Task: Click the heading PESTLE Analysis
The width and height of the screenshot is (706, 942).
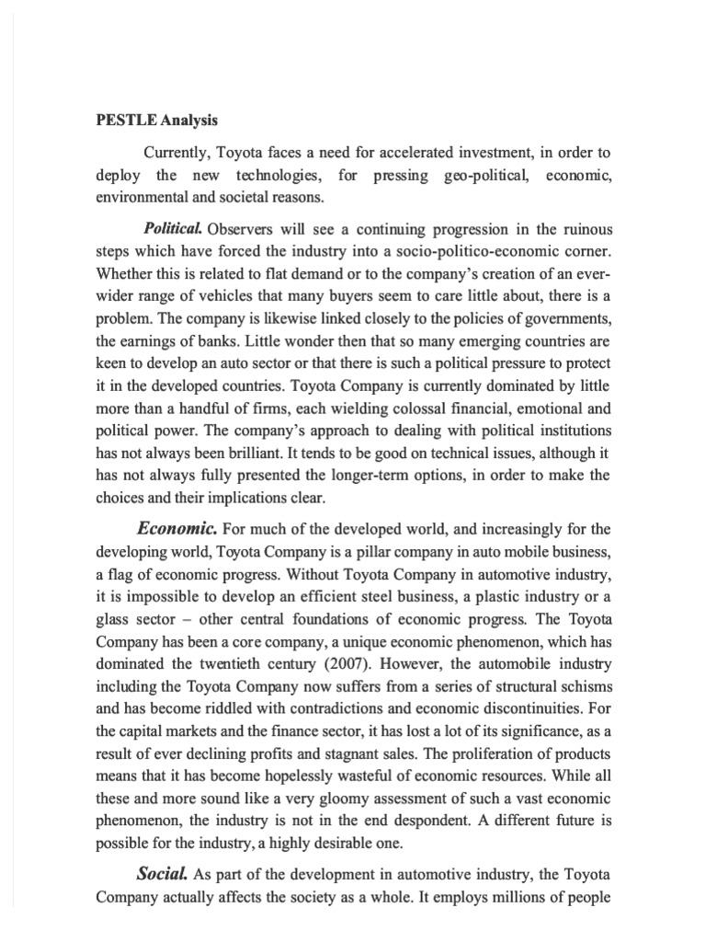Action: click(158, 120)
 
